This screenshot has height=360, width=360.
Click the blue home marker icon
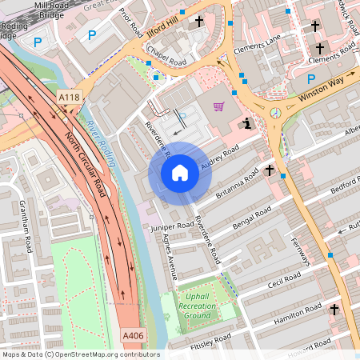pyautogui.click(x=180, y=173)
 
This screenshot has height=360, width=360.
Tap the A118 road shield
pyautogui.click(x=70, y=98)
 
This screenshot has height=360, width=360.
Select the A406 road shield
pyautogui.click(x=134, y=335)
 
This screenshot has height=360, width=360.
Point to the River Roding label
pyautogui.click(x=103, y=143)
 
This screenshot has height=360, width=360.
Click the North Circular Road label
pyautogui.click(x=86, y=165)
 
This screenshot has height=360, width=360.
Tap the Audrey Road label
pyautogui.click(x=220, y=157)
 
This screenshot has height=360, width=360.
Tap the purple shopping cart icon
pyautogui.click(x=218, y=106)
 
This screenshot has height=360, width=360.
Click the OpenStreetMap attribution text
pyautogui.click(x=80, y=354)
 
